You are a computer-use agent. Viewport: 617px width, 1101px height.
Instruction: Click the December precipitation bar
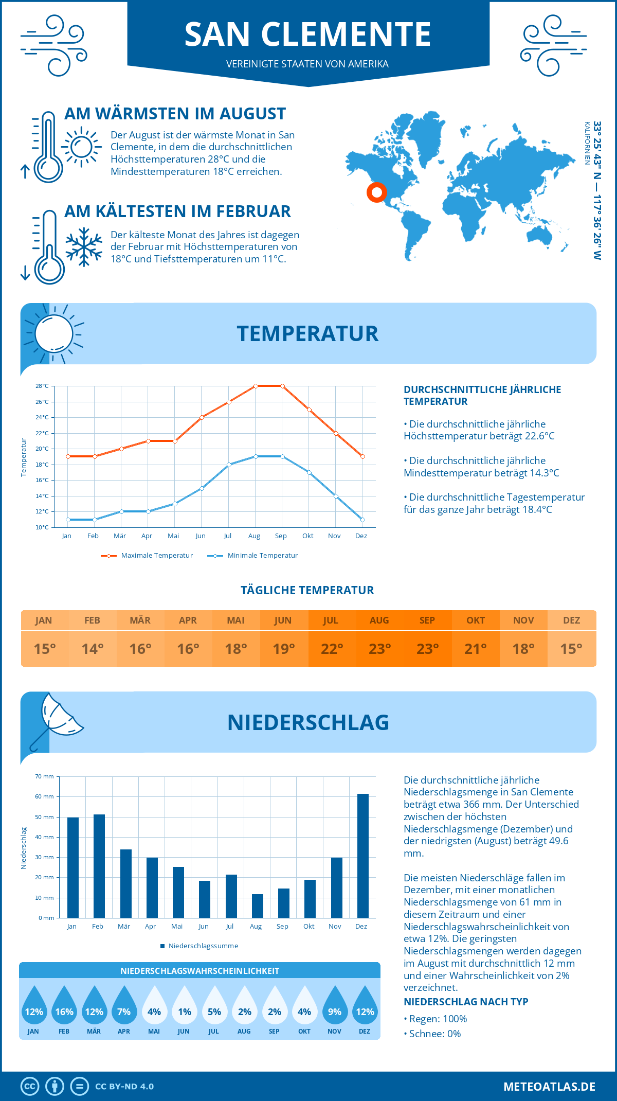[x=363, y=856]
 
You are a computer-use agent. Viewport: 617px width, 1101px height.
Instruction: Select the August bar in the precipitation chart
[x=257, y=906]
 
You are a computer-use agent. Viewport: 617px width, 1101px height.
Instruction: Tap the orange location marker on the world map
[x=377, y=192]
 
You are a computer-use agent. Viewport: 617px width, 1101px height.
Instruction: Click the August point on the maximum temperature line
[x=256, y=386]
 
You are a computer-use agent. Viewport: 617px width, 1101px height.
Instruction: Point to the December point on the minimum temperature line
[x=362, y=520]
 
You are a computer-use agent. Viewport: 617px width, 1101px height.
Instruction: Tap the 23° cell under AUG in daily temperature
[x=379, y=649]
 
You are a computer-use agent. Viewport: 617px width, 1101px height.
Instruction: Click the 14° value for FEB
[x=93, y=649]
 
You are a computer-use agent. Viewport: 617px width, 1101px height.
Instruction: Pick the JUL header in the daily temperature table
[x=331, y=620]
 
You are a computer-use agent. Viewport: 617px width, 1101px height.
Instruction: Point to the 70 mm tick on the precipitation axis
[x=45, y=776]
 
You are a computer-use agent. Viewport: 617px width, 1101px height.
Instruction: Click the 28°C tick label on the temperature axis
[x=42, y=386]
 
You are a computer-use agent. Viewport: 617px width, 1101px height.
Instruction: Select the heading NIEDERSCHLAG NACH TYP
[x=466, y=1002]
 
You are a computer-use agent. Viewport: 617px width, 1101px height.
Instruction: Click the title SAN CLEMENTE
[x=308, y=34]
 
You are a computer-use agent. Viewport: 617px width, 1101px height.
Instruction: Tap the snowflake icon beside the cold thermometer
[x=84, y=247]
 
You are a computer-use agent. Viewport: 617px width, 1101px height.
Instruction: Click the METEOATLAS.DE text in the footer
[x=549, y=1087]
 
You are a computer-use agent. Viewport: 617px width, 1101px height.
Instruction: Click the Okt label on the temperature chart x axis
[x=307, y=536]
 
